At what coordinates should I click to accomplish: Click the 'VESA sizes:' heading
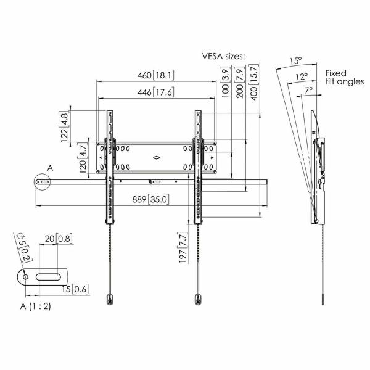coord(224,56)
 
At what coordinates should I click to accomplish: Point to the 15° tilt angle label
coord(296,60)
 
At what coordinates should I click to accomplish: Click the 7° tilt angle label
coord(308,89)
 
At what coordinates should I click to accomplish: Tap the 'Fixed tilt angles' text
coord(344,77)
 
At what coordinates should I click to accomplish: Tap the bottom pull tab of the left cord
coord(109,300)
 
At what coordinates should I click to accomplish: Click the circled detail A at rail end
coord(43,183)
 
